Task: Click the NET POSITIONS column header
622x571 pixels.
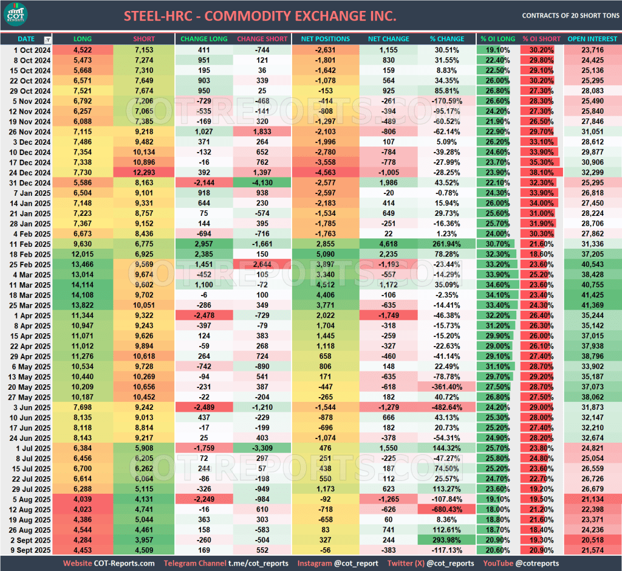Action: [325, 39]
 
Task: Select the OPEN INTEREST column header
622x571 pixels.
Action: [592, 39]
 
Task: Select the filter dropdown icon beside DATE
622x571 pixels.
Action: [47, 40]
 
